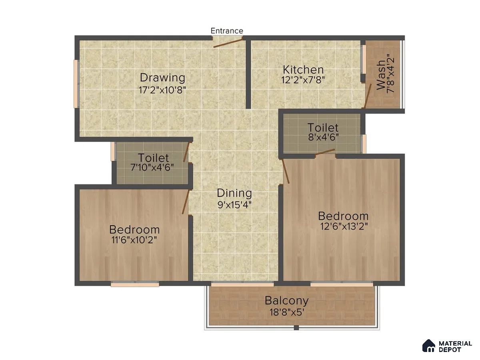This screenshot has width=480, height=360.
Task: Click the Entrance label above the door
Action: [227, 31]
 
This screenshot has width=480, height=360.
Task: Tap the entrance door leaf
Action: [228, 43]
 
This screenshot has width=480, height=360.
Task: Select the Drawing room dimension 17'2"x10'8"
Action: [162, 90]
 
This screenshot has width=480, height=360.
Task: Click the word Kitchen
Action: [303, 70]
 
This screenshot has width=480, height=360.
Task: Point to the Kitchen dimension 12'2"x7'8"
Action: [303, 80]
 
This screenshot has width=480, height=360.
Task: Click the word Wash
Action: [381, 75]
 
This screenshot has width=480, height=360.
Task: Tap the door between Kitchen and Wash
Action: [368, 96]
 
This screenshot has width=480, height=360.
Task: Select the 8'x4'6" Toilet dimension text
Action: [323, 137]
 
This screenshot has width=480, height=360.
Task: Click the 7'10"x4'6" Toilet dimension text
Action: [152, 168]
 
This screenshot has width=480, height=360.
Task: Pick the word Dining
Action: [234, 193]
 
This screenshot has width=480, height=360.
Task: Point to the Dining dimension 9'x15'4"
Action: [234, 205]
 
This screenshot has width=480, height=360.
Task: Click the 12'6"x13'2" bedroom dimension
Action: [344, 226]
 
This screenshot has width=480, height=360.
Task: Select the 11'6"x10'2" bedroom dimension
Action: [134, 240]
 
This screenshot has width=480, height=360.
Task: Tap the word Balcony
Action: [286, 301]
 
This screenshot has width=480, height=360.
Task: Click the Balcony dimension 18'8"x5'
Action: [287, 312]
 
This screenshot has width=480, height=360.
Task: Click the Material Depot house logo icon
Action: [429, 346]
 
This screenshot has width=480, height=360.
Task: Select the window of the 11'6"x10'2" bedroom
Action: [135, 284]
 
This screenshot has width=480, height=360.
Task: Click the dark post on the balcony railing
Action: [296, 328]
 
